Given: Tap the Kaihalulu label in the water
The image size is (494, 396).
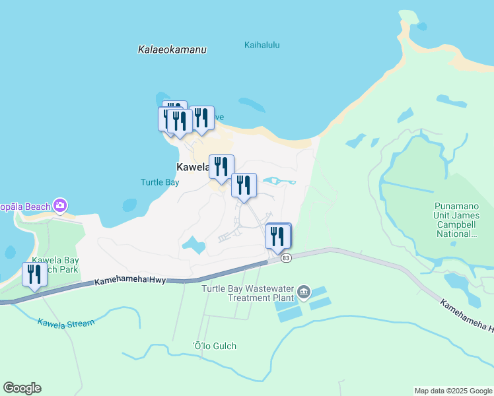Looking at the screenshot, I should coord(262,46).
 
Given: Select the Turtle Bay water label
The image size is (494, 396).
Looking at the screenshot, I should coord(160,182).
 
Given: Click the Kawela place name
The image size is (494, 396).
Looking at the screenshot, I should coord(192,167).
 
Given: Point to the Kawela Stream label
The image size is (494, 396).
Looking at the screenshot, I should coord(66,323).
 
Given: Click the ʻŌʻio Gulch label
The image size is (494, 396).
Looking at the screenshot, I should coord(214,346).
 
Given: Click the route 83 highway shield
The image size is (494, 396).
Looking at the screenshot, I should coord(285,258).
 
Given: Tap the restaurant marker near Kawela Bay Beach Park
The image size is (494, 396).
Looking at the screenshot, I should coord(34,275).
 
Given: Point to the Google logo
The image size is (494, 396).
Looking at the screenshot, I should coord(22,388).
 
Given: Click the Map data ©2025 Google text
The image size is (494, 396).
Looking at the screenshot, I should coord(453,391).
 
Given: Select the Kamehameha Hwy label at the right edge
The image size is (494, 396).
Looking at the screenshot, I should coord(468,316).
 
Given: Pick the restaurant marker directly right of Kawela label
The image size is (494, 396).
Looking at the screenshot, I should coord(221,167).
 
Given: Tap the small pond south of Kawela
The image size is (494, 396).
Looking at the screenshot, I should coord(194,246).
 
